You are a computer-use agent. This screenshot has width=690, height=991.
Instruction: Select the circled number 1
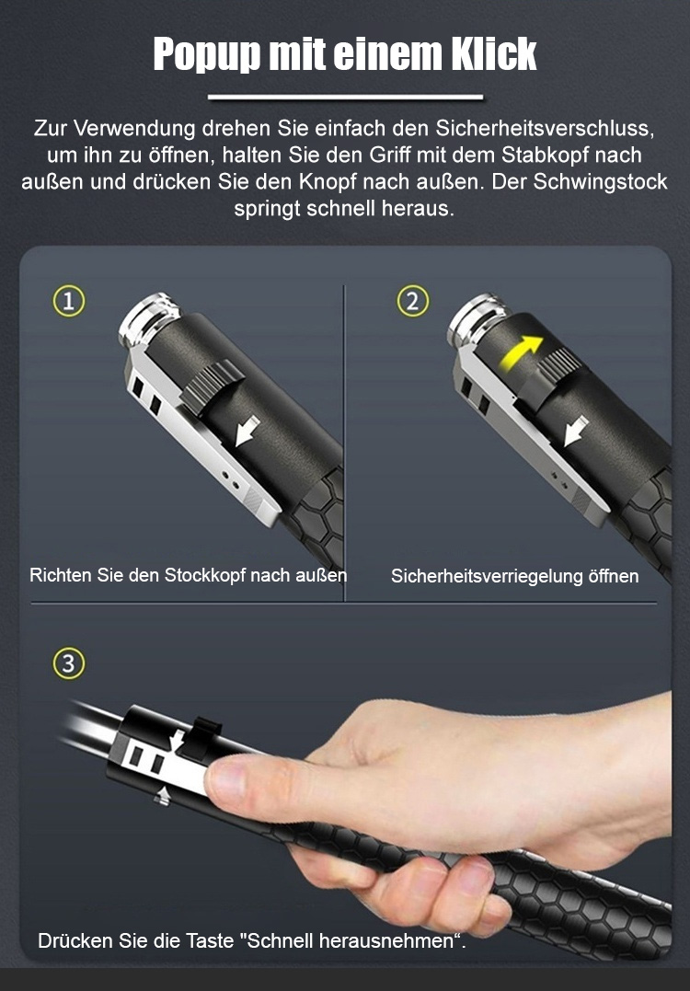68,302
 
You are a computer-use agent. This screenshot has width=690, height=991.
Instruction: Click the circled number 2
412,302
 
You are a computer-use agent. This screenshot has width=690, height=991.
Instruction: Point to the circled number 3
68,664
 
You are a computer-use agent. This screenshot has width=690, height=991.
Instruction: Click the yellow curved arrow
520,352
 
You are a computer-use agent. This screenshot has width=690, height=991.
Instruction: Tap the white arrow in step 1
247,430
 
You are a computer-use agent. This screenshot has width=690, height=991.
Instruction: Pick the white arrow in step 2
576,431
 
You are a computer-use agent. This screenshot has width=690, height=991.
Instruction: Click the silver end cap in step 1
149,318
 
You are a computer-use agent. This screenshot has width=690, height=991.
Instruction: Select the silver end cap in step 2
477,319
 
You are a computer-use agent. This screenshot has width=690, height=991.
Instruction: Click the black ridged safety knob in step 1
213,386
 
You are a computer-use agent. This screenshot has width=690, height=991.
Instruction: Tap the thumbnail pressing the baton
225,780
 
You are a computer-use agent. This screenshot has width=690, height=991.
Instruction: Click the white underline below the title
345,98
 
